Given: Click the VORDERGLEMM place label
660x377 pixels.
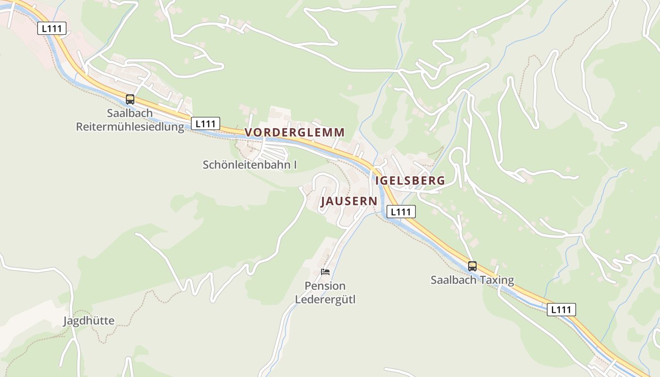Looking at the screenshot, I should coord(295,132).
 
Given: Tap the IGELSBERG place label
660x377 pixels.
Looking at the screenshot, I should coord(410,180).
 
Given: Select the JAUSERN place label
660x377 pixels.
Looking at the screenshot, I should coord(349,202).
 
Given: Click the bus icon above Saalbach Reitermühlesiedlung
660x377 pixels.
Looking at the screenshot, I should coord(130,99).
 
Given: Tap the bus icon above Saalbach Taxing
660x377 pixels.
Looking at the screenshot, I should coord(472,266).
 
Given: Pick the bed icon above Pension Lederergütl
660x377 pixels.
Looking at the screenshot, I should coord(325,272).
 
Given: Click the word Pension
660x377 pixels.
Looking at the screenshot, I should coord(325,286).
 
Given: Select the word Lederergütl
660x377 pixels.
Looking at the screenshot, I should coord(325,299).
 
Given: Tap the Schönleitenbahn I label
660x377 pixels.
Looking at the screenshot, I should coord(250,165).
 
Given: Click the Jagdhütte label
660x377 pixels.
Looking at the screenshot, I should coord(89,321).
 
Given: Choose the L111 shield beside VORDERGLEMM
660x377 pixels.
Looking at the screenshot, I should coord(206,124).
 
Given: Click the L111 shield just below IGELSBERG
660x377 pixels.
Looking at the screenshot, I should coord(401,212).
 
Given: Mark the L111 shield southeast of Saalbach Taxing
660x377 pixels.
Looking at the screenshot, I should coord(561,310).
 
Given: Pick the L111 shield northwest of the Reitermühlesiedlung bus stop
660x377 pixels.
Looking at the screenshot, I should coord(52,28).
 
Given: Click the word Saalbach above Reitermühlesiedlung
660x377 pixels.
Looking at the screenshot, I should coord(130,113).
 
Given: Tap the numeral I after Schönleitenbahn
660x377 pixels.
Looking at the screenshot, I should coord(295,165).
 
